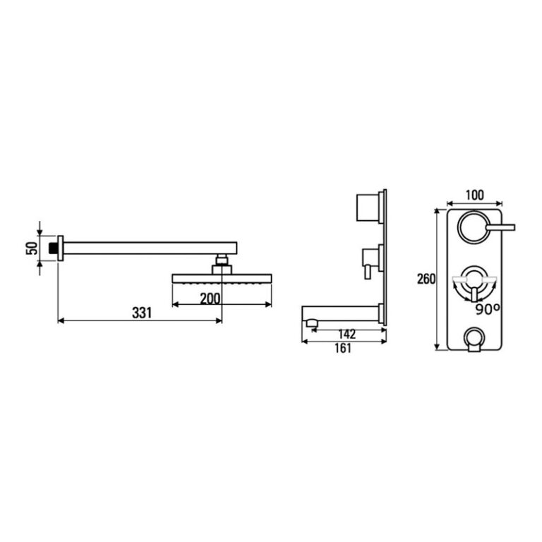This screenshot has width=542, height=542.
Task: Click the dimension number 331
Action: point(142,313)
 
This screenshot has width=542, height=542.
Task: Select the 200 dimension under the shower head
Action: point(210,298)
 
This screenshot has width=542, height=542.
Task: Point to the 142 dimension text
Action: point(346,335)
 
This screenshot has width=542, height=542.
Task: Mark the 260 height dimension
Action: point(426,279)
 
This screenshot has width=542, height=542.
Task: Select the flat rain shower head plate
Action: point(222,280)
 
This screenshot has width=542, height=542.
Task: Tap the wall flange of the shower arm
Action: point(63,248)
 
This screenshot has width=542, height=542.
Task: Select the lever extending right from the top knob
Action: point(502,227)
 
